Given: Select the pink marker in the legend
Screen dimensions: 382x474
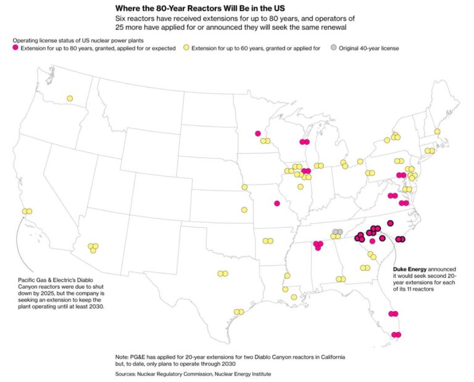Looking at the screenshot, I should pyautogui.click(x=16, y=48).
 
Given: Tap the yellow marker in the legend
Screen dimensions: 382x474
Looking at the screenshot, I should pyautogui.click(x=186, y=48).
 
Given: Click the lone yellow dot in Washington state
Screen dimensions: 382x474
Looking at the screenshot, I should pyautogui.click(x=70, y=98).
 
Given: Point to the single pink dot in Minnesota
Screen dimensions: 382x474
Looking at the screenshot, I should pyautogui.click(x=258, y=133).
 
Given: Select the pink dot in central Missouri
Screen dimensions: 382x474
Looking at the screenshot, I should pyautogui.click(x=277, y=203).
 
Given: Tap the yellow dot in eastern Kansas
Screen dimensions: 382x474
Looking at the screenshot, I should pyautogui.click(x=244, y=210).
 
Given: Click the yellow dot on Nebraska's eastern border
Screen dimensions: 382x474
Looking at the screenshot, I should pyautogui.click(x=244, y=187).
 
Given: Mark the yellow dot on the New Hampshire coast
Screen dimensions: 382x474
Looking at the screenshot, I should pyautogui.click(x=437, y=131).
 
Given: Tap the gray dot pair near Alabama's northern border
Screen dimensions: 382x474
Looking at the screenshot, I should pyautogui.click(x=337, y=232).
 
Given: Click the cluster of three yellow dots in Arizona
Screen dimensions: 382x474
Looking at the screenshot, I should pyautogui.click(x=93, y=247).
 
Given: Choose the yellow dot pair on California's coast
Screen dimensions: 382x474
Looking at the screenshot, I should pyautogui.click(x=27, y=212).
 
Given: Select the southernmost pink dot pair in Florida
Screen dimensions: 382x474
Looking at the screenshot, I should pyautogui.click(x=396, y=335).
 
